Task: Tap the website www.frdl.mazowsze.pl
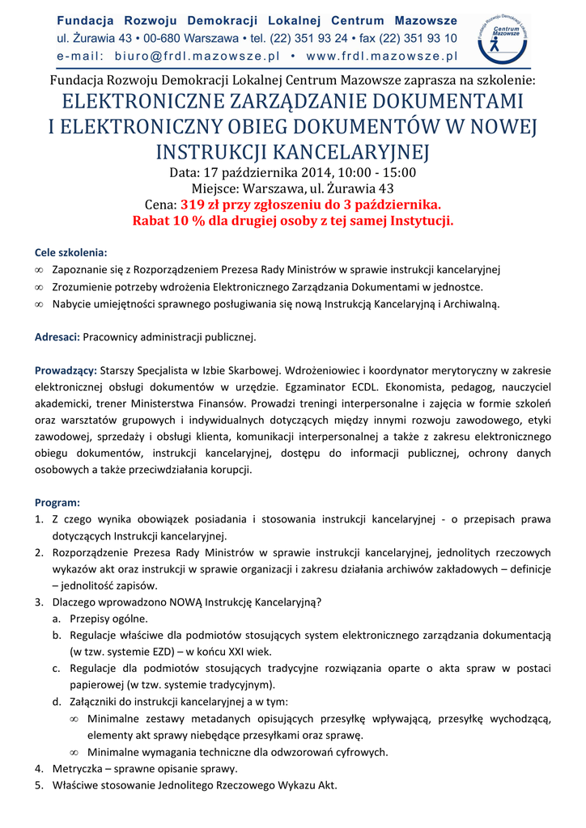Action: coord(382,56)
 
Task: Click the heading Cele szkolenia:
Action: coord(70,251)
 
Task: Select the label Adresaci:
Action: coord(57,336)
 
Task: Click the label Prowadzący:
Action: coord(66,370)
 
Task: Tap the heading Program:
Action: coord(57,502)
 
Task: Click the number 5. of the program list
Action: coord(39,784)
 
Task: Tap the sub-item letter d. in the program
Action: coord(57,701)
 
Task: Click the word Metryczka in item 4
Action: coord(79,768)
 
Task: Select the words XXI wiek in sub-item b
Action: coord(250,651)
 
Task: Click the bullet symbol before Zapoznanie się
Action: coord(39,269)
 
